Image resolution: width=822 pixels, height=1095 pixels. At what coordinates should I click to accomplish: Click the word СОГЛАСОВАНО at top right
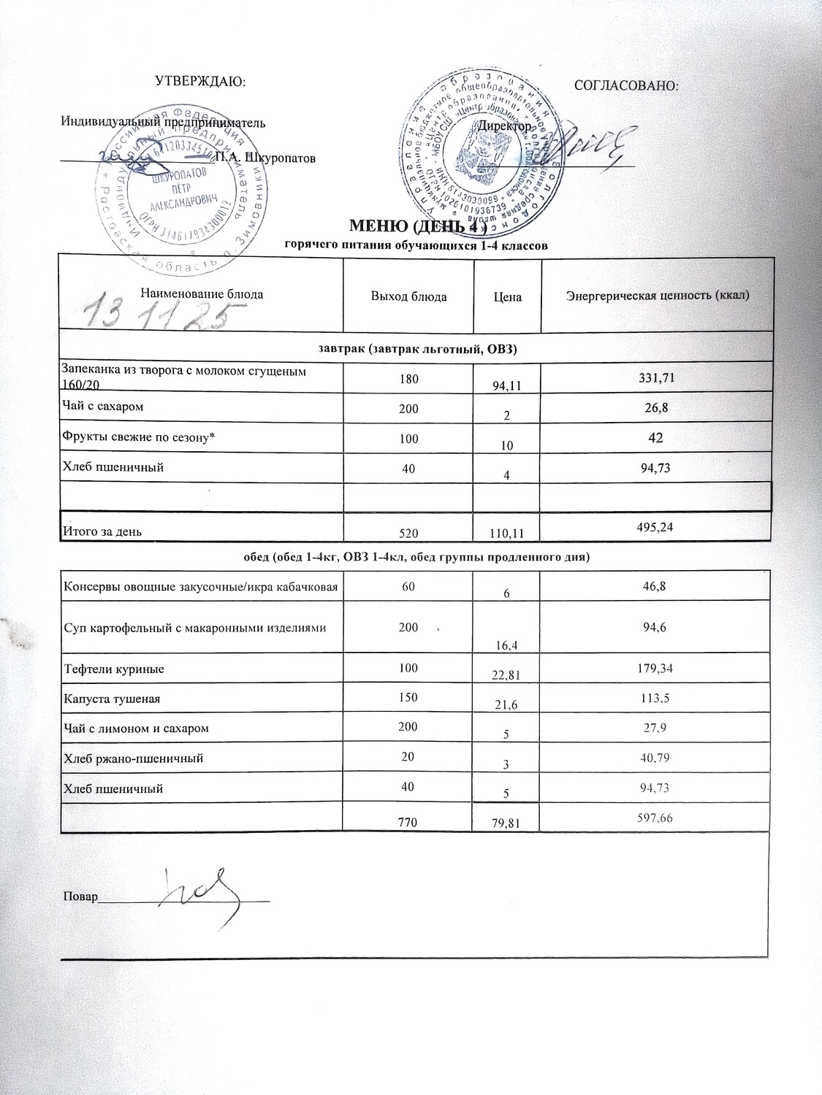627,85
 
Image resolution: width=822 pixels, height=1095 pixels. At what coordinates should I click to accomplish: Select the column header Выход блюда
408,296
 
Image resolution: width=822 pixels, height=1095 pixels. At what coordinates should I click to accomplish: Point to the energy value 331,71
655,377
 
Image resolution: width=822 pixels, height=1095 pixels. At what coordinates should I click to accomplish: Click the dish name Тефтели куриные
113,669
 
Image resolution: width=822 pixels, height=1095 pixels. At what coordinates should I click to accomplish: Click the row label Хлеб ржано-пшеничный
133,758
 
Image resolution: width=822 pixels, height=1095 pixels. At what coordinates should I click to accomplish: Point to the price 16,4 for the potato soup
506,643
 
